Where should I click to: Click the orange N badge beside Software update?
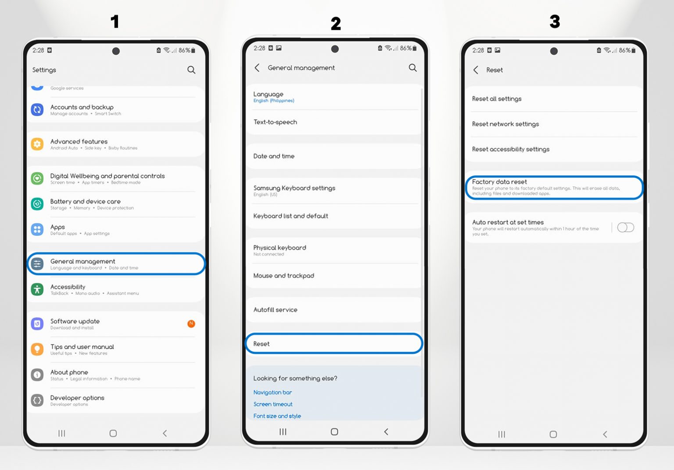coord(191,324)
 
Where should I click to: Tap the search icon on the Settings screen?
coord(191,70)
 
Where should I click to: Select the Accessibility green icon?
coord(37,289)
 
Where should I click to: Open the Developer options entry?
coord(77,400)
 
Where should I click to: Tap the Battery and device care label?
coord(85,202)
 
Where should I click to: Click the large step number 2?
coord(336,24)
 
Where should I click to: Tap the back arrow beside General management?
coord(257,68)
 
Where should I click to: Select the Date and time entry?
coord(274,156)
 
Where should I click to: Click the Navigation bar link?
coord(272,392)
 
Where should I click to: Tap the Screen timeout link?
coord(273,404)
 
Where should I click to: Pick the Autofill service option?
coord(275,310)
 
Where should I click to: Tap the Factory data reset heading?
coord(499,182)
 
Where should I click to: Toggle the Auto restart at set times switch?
coord(625,227)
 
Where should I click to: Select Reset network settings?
coord(505,124)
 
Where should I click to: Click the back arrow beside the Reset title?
coord(476,70)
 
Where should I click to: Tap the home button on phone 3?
coord(553,434)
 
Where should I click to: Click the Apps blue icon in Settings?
coord(37,229)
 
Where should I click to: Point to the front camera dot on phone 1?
coord(116,51)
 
